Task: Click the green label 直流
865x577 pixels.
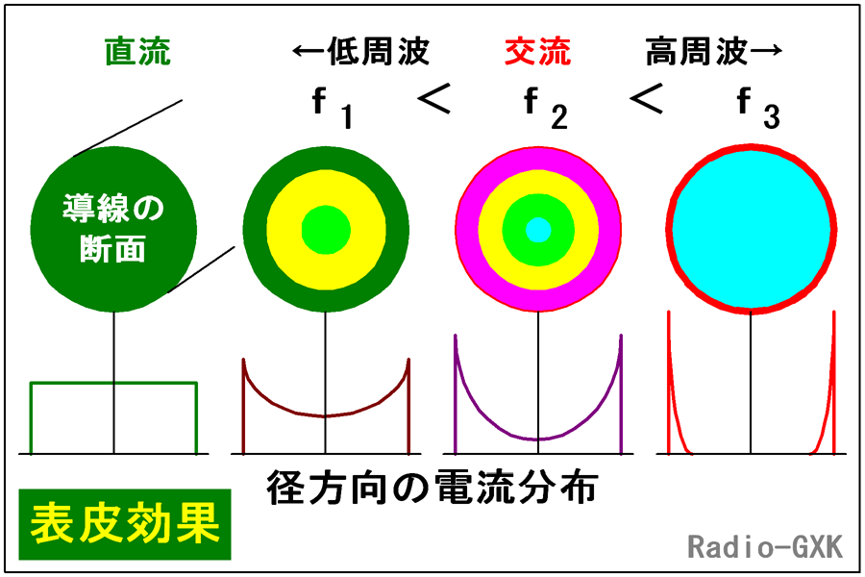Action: click(138, 51)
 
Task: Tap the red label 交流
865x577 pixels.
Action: click(537, 51)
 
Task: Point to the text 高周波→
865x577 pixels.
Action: click(710, 51)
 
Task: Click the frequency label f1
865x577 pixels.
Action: click(333, 108)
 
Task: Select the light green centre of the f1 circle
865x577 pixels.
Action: click(326, 230)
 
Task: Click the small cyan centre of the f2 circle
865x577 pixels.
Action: click(538, 230)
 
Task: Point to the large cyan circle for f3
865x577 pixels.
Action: click(751, 230)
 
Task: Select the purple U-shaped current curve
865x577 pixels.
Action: click(538, 438)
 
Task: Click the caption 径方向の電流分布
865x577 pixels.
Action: click(432, 488)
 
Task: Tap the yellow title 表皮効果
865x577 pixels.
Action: click(125, 525)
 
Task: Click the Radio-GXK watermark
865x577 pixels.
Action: click(765, 546)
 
